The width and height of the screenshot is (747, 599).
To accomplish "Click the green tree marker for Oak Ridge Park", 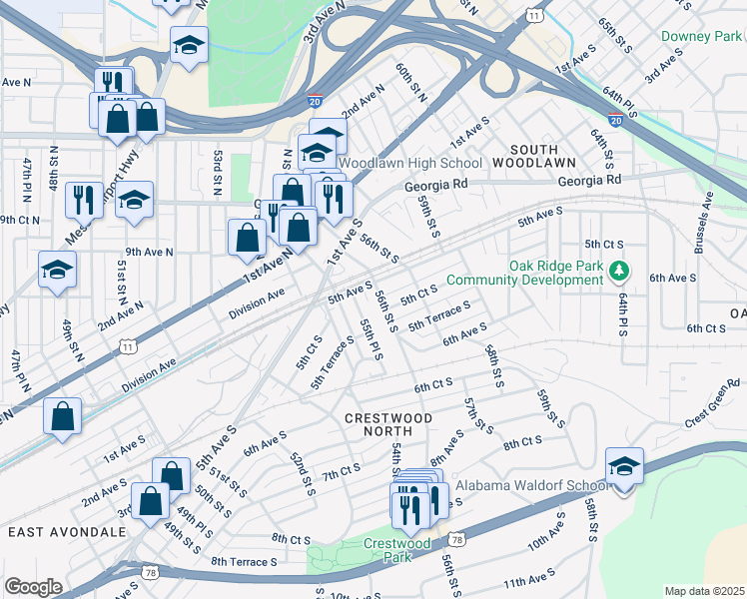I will tap(620, 270).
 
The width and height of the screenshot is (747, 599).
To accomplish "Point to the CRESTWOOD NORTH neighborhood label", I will tap(388, 425).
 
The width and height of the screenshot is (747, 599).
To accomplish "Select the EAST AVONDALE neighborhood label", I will tap(67, 532).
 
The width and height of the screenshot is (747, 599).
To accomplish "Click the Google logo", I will tap(32, 587).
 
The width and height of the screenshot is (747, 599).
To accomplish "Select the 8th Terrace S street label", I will tap(244, 563).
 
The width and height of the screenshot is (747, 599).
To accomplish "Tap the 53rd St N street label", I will tap(217, 171).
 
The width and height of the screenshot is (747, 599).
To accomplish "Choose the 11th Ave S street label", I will tap(529, 580).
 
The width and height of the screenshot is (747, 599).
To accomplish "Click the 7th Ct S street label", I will tap(341, 469).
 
